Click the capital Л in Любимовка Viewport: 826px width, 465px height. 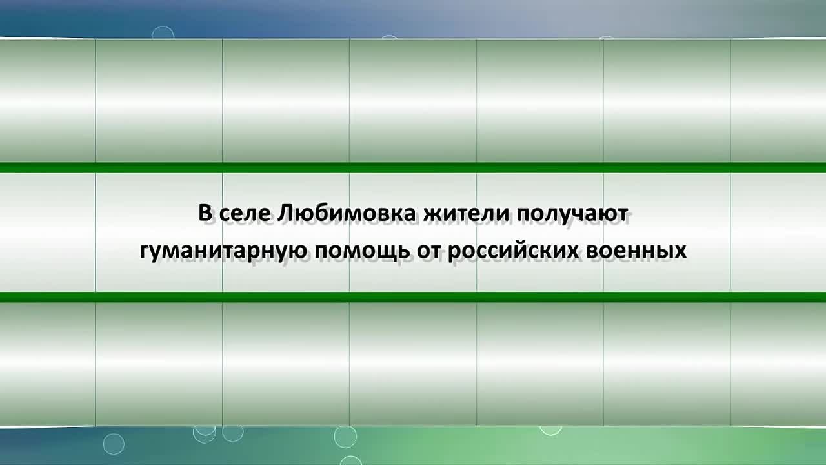tap(285, 213)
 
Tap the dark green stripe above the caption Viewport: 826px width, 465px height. tap(413, 168)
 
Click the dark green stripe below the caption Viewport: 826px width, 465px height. tap(413, 297)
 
